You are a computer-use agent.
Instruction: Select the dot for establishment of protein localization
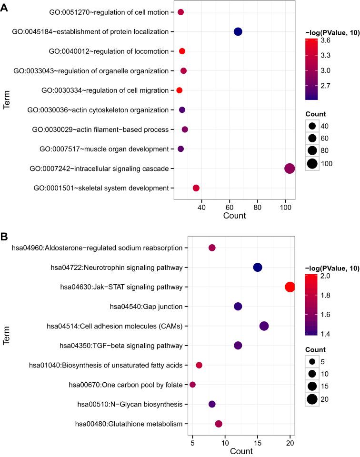click(238, 31)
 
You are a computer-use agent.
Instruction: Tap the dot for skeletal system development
click(196, 188)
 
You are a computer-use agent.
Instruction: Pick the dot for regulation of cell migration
click(180, 90)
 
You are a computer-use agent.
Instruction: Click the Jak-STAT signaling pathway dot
click(290, 287)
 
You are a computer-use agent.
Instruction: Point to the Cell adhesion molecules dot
click(264, 326)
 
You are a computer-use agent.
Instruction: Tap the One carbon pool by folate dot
click(192, 385)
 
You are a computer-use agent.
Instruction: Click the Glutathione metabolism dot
click(219, 424)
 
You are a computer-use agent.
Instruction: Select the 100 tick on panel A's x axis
click(286, 208)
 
